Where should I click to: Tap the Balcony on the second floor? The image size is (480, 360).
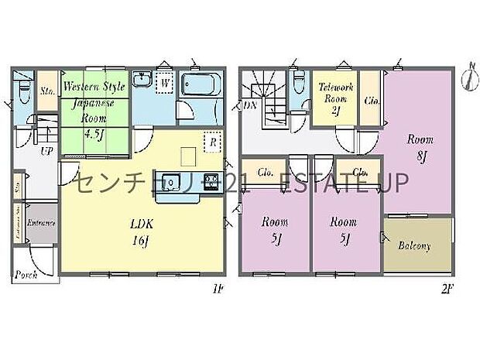(415, 246)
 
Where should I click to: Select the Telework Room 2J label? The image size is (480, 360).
(336, 98)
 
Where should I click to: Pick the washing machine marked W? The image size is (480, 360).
(165, 84)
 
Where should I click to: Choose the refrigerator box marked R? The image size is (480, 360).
(210, 143)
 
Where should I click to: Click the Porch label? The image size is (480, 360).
(26, 275)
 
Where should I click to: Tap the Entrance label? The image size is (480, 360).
(40, 223)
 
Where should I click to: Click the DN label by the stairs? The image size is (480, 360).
(249, 105)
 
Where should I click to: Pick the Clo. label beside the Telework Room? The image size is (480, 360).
(372, 99)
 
